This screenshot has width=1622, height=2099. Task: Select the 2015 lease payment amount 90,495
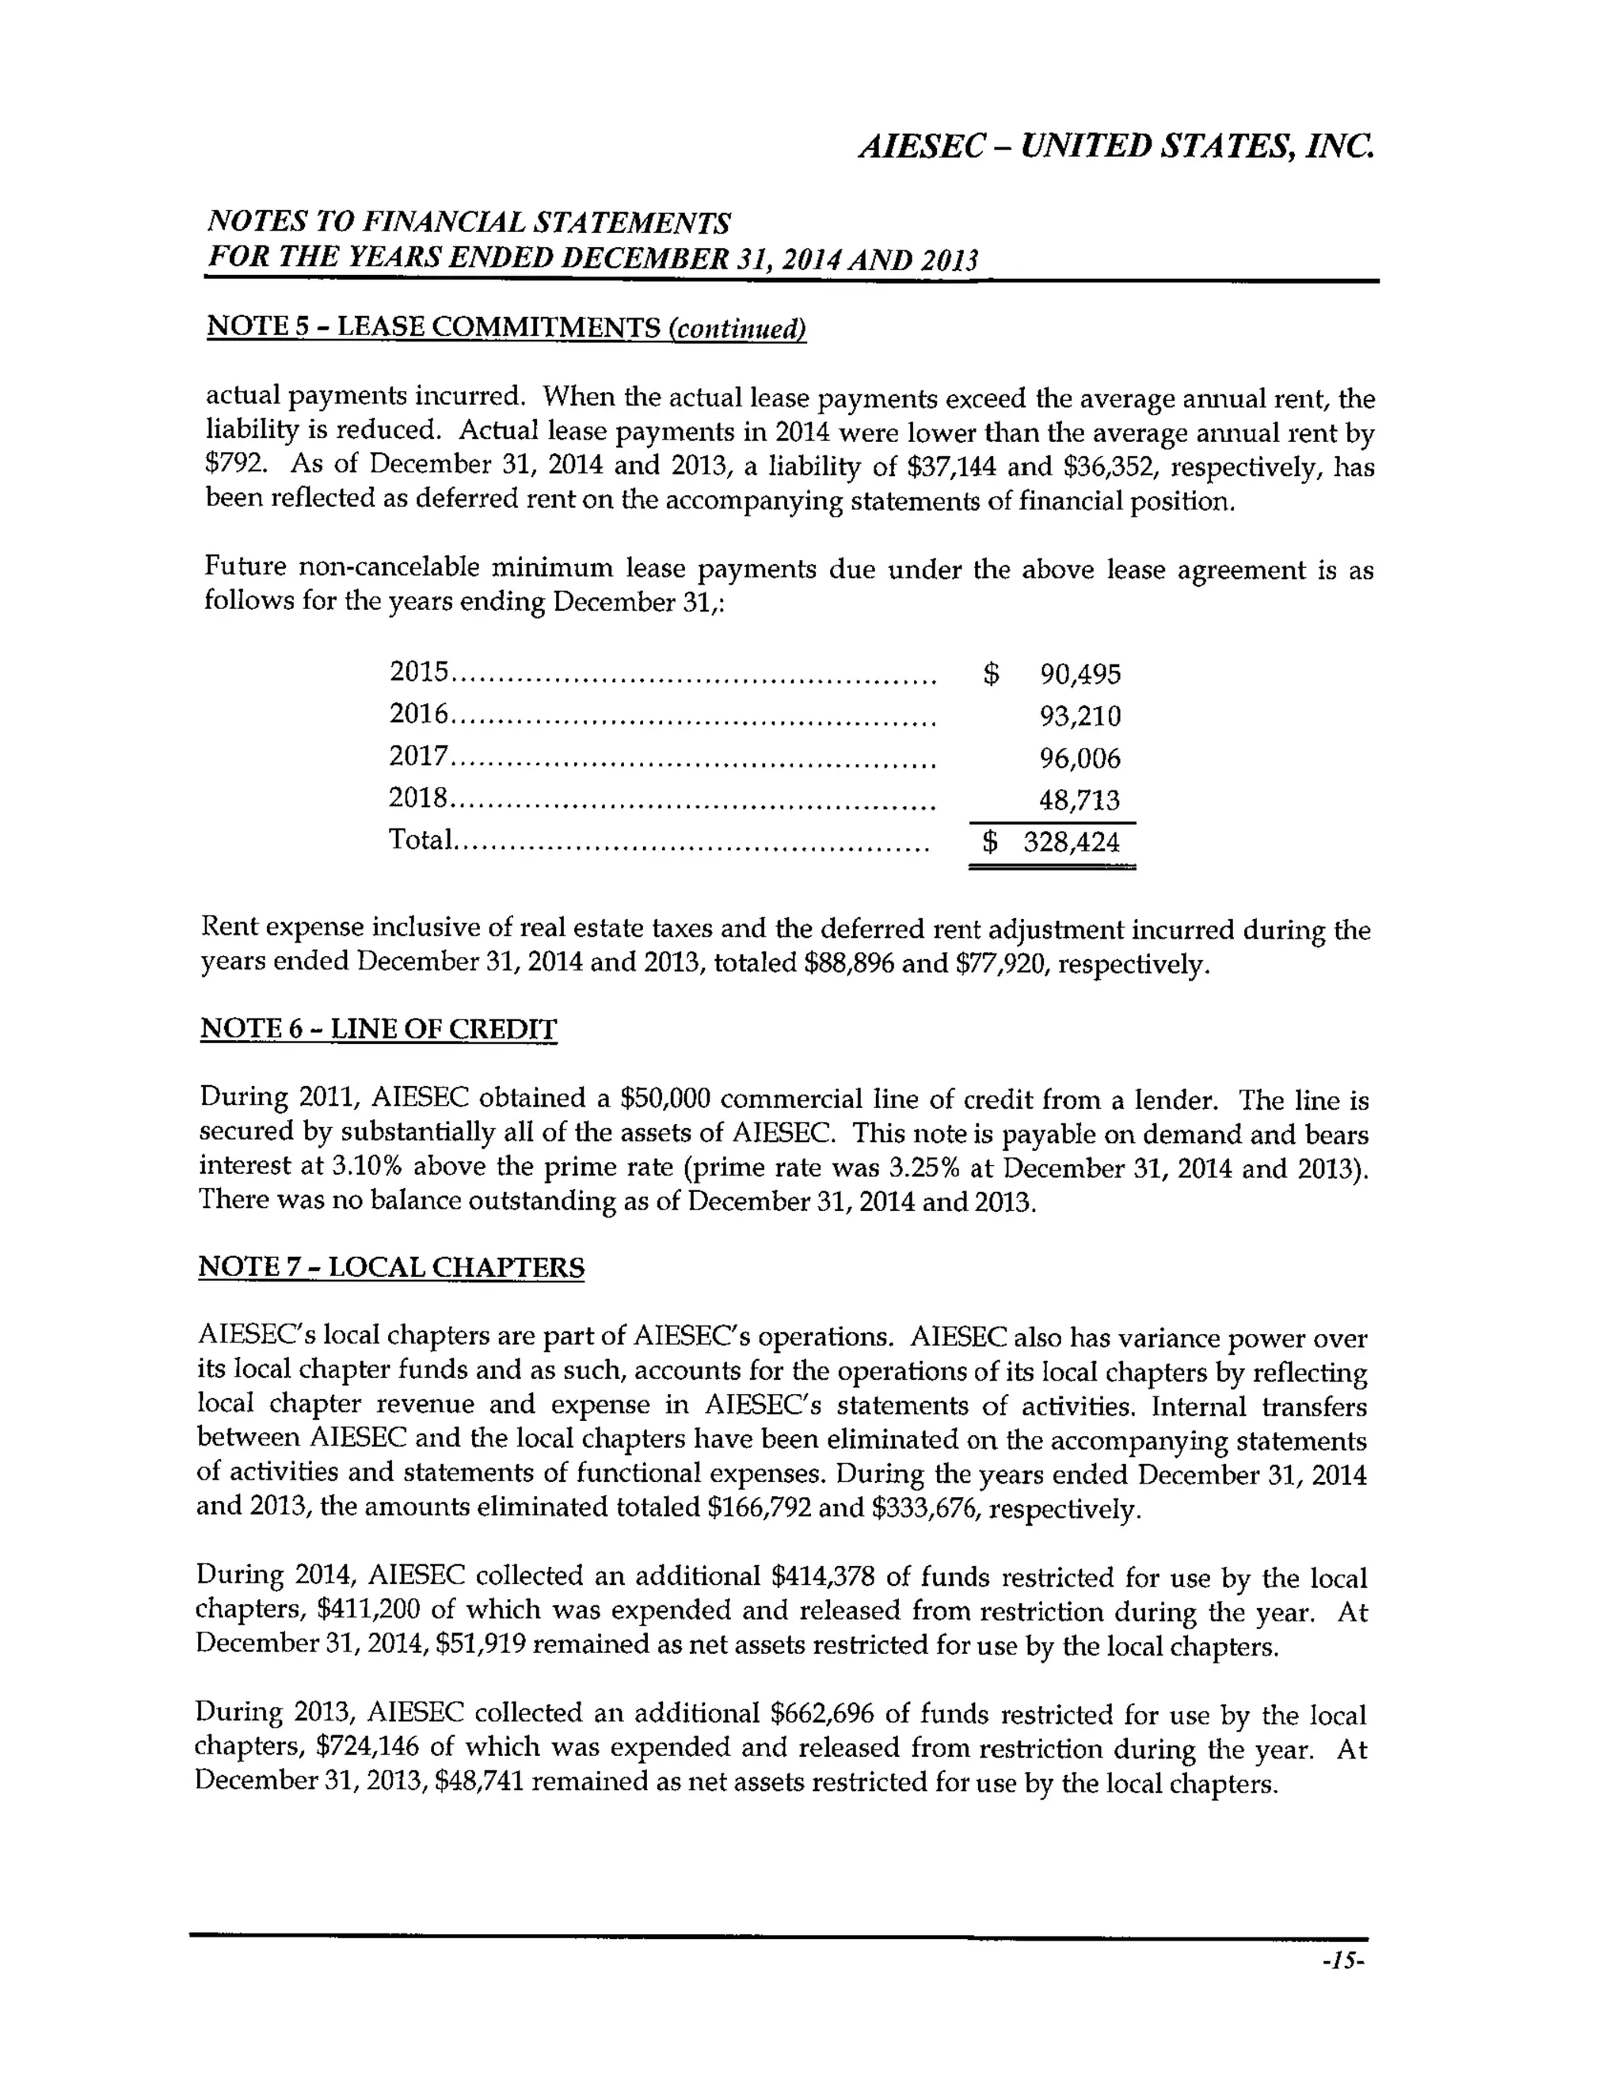(x=1080, y=675)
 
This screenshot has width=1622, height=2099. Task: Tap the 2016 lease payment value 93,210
(x=1080, y=717)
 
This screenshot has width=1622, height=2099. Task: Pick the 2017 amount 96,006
(x=1080, y=760)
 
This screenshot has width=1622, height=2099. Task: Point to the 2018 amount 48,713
(x=1080, y=801)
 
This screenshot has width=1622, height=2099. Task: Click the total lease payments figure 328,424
(x=1072, y=843)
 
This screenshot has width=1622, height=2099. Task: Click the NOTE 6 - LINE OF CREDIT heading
(x=378, y=1030)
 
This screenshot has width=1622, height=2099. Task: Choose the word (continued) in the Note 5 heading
(x=737, y=330)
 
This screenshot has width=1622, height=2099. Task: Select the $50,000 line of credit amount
(x=666, y=1099)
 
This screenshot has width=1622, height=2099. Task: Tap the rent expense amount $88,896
(x=847, y=964)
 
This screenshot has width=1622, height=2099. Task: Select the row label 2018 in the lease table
(x=418, y=798)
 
